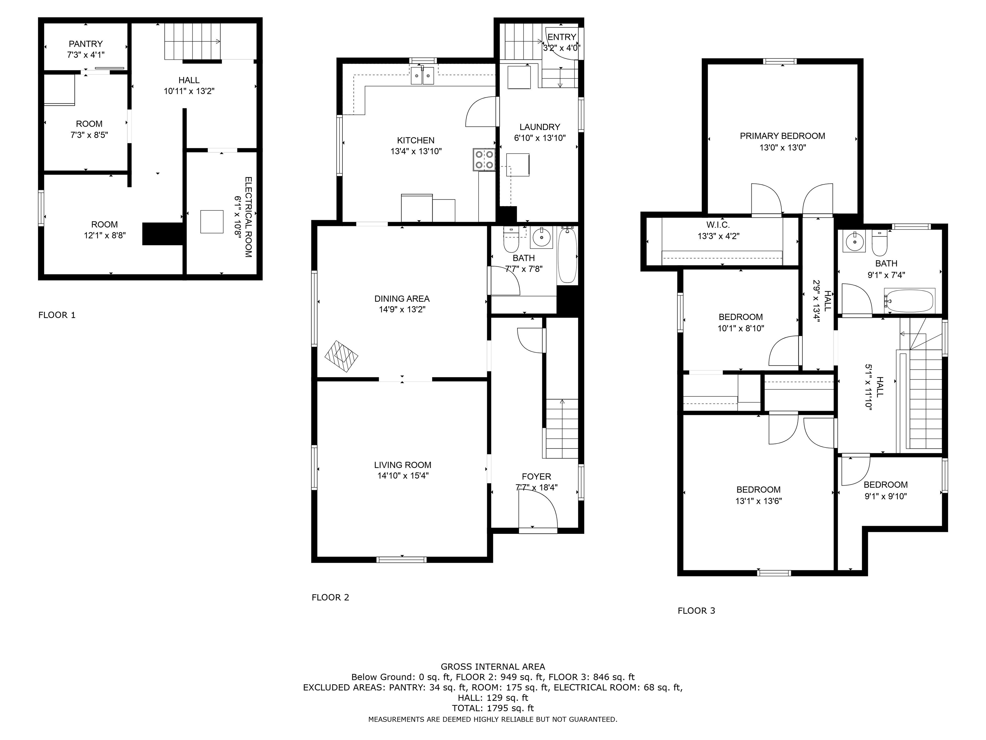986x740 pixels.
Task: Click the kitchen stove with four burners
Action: [484, 159]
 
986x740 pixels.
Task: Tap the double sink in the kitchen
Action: [422, 75]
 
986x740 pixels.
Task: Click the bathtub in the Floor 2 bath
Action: [567, 255]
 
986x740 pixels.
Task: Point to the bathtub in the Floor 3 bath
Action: [909, 301]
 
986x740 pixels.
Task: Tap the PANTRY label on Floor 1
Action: [86, 44]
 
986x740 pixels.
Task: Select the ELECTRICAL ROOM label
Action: [248, 217]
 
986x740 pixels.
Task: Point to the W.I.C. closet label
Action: [718, 225]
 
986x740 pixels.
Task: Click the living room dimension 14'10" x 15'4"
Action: [403, 475]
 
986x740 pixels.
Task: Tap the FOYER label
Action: [536, 476]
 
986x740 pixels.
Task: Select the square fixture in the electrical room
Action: [212, 221]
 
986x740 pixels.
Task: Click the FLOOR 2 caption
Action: [330, 597]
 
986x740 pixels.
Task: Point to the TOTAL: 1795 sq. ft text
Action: [493, 708]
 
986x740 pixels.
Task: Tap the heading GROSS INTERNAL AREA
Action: [493, 666]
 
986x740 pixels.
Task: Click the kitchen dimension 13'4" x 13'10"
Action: [416, 151]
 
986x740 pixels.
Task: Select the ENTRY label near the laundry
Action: [562, 37]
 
